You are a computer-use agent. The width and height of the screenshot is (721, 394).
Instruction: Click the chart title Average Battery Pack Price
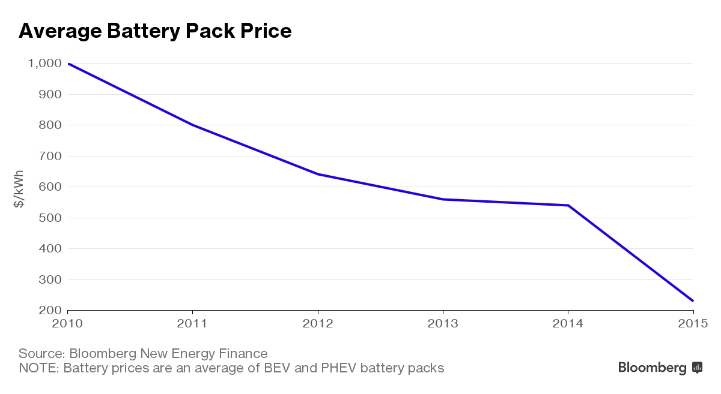pyautogui.click(x=155, y=31)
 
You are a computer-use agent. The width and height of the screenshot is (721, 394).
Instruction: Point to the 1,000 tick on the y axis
pyautogui.click(x=44, y=64)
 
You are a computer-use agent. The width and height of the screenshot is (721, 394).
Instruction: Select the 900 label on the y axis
pyautogui.click(x=50, y=94)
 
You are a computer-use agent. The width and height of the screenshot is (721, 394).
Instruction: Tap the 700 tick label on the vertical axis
pyautogui.click(x=50, y=156)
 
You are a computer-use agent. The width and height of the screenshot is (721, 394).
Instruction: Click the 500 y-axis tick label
pyautogui.click(x=50, y=218)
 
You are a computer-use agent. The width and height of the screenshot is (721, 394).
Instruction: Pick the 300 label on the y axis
pyautogui.click(x=50, y=279)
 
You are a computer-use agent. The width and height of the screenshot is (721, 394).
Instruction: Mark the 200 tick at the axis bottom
pyautogui.click(x=50, y=310)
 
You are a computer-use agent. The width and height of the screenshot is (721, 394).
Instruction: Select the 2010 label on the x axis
pyautogui.click(x=67, y=324)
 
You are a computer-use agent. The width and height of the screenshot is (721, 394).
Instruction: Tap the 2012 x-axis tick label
pyautogui.click(x=318, y=324)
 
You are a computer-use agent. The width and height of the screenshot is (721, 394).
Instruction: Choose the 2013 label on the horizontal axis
pyautogui.click(x=443, y=324)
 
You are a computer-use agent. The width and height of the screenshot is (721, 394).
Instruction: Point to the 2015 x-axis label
pyautogui.click(x=693, y=324)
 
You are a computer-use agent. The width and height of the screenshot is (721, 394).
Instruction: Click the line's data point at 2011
pyautogui.click(x=192, y=125)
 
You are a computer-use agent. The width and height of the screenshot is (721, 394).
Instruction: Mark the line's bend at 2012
pyautogui.click(x=318, y=174)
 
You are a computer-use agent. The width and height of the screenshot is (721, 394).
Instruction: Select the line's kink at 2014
pyautogui.click(x=568, y=205)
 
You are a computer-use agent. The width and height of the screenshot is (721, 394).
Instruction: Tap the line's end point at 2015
pyautogui.click(x=693, y=300)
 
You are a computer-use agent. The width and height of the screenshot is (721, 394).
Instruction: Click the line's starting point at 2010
pyautogui.click(x=68, y=64)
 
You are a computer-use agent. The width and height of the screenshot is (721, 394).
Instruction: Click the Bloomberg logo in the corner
pyautogui.click(x=660, y=368)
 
